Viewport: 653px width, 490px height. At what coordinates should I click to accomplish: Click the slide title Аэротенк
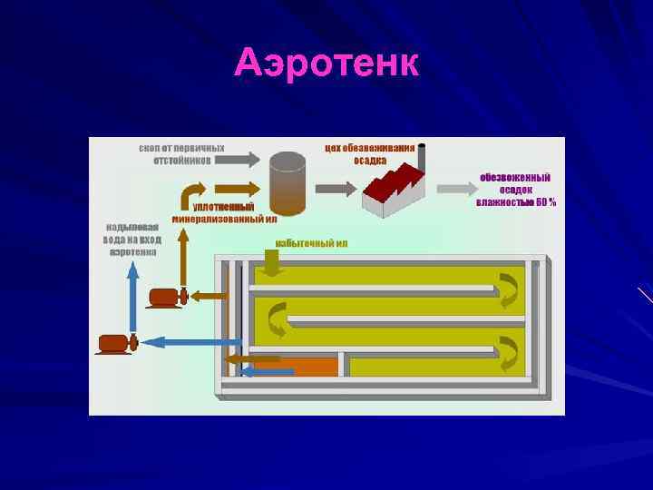326,63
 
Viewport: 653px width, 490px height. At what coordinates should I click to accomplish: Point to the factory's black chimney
421,156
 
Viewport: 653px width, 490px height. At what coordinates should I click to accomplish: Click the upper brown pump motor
166,296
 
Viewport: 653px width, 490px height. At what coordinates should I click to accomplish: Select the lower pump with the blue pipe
116,343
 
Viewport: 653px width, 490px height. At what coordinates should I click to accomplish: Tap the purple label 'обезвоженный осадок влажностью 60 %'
515,190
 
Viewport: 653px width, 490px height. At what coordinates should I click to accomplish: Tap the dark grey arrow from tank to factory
335,189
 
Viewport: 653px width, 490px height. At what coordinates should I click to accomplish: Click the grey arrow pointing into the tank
239,160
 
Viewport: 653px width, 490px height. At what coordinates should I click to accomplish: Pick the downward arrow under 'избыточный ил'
272,263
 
